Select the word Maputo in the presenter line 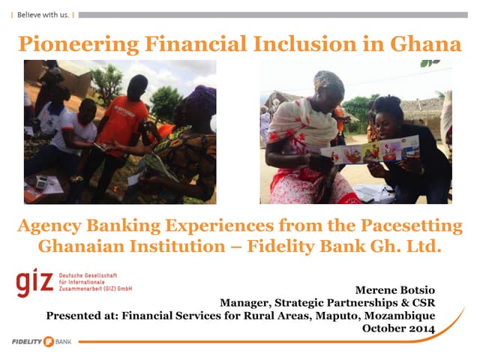click(x=346, y=316)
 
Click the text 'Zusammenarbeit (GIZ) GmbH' click(x=96, y=288)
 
